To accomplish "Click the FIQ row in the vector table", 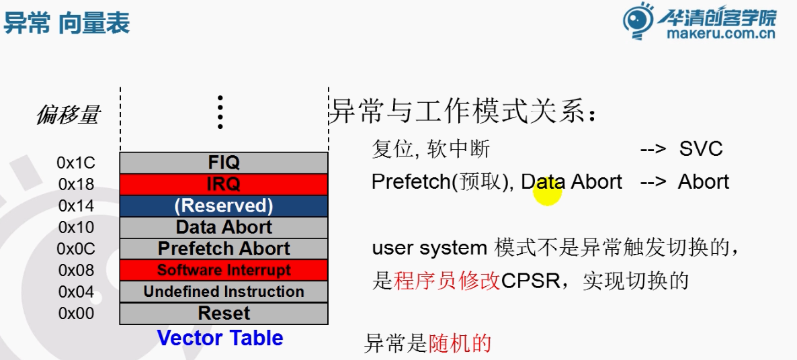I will tap(224, 163).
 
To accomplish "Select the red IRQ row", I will tap(224, 184).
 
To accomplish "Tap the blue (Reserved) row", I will tap(224, 206).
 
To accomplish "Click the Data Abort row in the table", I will tap(224, 227).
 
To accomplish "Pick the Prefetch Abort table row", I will tap(224, 249).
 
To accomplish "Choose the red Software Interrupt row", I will tap(224, 270).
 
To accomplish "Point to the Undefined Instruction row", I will tap(224, 291).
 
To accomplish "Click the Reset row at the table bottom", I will tap(224, 313).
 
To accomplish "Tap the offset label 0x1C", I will tap(76, 163).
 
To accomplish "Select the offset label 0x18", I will tap(76, 184).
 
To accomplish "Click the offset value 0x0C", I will tap(76, 249).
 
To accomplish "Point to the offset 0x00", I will tap(76, 313).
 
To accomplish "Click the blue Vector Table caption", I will tap(220, 338).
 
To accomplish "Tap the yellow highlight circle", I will tap(547, 192).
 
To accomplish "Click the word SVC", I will tap(700, 148).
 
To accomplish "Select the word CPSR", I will tap(530, 280).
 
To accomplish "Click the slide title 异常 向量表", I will tap(66, 24).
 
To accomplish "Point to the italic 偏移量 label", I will tap(67, 116).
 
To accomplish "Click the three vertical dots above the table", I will tap(220, 112).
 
